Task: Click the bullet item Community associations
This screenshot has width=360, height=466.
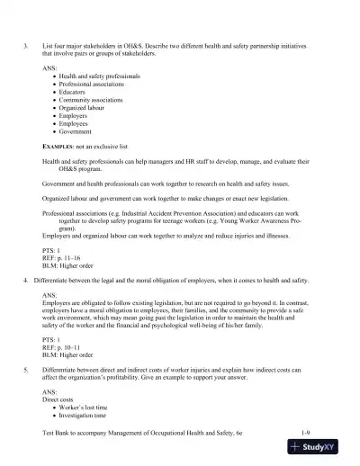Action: click(90, 100)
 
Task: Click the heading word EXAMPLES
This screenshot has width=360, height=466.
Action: click(59, 145)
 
